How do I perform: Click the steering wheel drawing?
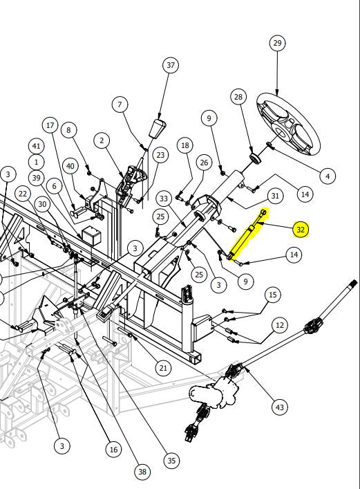[288, 124]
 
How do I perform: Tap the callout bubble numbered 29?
[277, 43]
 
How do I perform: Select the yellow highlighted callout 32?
[301, 230]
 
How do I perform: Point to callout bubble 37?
[171, 65]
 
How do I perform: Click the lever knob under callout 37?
[158, 128]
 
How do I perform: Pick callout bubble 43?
[280, 407]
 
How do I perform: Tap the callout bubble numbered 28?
[238, 97]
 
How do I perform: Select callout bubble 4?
[328, 176]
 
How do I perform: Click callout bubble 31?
[275, 196]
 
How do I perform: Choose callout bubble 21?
[163, 368]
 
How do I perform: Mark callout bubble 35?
[172, 461]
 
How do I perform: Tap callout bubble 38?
[142, 472]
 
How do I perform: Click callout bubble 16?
[113, 450]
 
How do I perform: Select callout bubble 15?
[273, 295]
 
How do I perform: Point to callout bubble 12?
[280, 325]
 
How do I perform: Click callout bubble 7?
[120, 104]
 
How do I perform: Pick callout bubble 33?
[164, 199]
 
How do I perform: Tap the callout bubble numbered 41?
[37, 146]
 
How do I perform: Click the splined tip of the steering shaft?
[354, 284]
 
